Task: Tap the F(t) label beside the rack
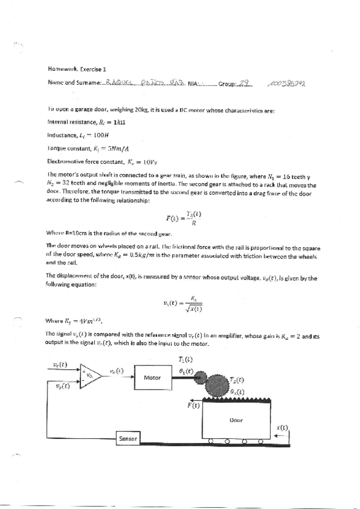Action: [193, 405]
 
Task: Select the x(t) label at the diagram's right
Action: [281, 428]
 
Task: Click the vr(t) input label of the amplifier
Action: [59, 365]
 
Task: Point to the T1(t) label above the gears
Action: [187, 359]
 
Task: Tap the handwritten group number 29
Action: [244, 84]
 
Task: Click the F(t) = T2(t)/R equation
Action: [181, 218]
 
